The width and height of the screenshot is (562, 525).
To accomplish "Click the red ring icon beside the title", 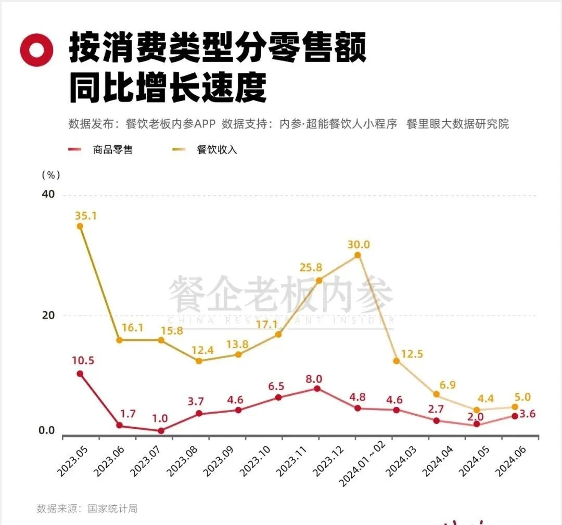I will [x=37, y=50].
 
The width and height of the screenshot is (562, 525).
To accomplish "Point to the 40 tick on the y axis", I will [x=48, y=194].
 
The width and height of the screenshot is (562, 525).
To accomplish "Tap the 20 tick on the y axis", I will [x=48, y=315].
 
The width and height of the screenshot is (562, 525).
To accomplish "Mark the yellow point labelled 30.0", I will [x=357, y=255].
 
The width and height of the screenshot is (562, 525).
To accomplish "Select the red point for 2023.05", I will [x=80, y=374].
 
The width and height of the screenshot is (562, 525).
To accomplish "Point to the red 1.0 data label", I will [x=160, y=419].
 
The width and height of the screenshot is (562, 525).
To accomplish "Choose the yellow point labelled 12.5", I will [x=396, y=361].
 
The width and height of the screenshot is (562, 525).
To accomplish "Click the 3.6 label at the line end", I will [x=527, y=415].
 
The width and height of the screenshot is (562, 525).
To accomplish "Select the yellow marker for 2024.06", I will [x=515, y=407].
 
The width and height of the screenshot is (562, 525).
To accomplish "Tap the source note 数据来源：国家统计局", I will [x=87, y=508].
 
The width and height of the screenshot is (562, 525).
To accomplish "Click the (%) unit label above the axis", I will [x=50, y=175].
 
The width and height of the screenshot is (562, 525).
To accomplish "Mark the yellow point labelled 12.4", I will [x=198, y=361].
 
